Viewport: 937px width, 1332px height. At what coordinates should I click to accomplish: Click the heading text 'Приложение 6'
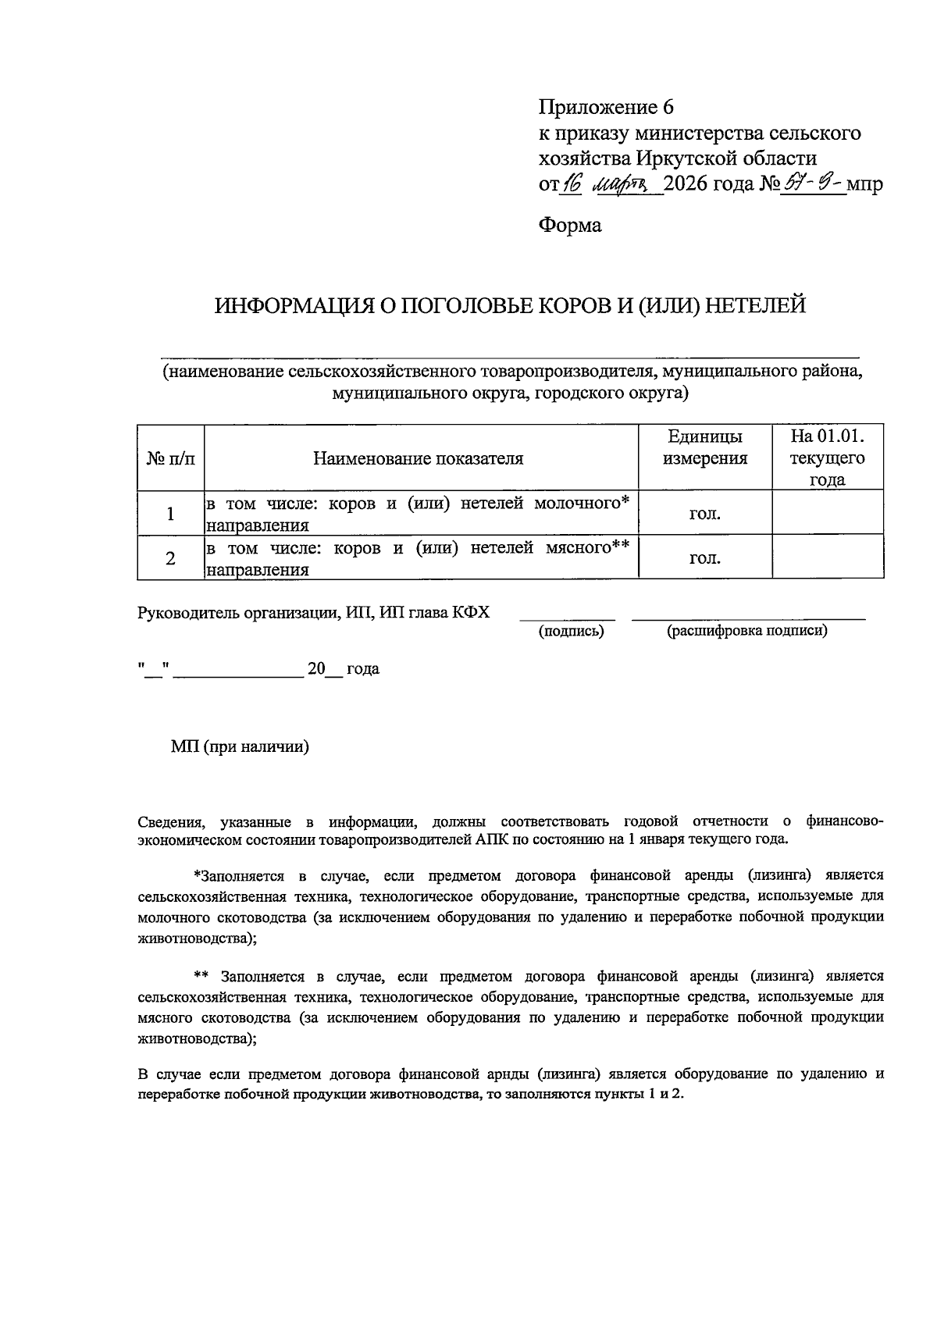605,107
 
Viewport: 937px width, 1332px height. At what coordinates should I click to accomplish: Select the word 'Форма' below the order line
570,226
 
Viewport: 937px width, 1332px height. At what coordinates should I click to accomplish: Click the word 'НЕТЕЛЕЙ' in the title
755,305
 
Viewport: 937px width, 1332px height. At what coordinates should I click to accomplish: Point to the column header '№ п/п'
170,458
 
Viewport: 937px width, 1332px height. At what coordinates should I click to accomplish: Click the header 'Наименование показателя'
419,458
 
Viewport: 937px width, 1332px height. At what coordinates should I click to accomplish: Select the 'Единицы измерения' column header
704,447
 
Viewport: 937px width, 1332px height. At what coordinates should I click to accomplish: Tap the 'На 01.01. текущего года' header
827,458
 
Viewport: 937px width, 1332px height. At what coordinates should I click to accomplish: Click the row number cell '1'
170,514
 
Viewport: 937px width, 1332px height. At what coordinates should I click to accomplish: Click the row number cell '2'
170,557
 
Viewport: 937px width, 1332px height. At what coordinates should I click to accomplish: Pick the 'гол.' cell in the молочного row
704,514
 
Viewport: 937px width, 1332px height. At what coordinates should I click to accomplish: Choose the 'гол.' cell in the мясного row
704,557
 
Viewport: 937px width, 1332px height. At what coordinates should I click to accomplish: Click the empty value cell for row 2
827,557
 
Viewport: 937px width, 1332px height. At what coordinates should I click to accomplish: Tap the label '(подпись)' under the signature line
571,632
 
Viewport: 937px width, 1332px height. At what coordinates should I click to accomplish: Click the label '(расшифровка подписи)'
746,631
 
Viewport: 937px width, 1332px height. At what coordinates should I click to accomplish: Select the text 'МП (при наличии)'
240,747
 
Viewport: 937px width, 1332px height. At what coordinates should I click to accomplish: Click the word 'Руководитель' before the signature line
184,613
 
